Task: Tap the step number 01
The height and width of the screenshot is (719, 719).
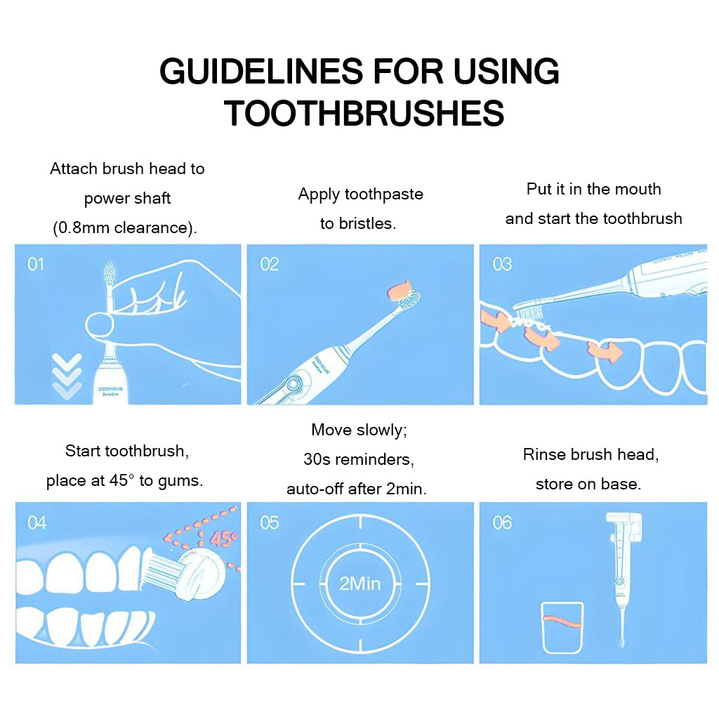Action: [35, 264]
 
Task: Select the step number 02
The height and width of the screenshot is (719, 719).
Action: [269, 264]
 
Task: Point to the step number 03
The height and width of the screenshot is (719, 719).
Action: [501, 264]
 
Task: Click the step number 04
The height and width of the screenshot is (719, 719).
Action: [36, 522]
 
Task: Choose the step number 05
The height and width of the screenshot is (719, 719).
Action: [269, 522]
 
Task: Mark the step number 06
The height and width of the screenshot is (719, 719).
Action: [501, 522]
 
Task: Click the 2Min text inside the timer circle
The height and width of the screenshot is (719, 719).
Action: [360, 583]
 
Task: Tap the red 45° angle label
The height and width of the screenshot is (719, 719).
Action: [223, 539]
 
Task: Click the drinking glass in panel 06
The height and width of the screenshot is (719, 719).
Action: [562, 627]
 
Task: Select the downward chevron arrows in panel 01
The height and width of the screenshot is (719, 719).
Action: [67, 376]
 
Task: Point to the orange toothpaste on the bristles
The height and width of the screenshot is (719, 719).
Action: [404, 288]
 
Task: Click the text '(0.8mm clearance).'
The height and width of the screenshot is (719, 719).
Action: [125, 228]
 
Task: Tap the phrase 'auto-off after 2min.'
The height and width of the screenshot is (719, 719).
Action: [357, 489]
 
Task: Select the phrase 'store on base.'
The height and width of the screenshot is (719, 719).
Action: [588, 484]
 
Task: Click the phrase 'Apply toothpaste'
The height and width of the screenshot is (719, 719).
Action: [360, 194]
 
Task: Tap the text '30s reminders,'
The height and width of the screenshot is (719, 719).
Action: [359, 459]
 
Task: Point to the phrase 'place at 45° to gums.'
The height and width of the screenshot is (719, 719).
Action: [124, 481]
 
